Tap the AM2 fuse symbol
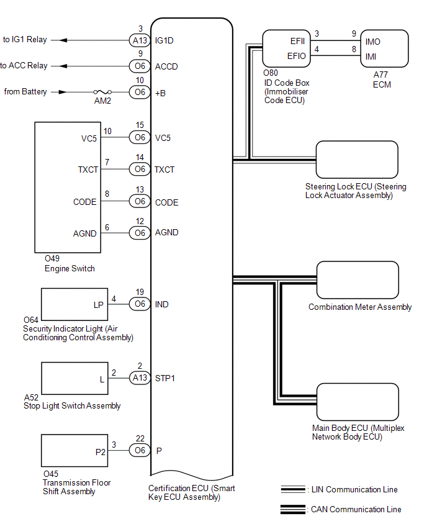[104, 92]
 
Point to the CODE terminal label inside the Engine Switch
[85, 202]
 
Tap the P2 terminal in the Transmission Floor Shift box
[101, 451]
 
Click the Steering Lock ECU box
[357, 160]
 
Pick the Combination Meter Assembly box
[357, 280]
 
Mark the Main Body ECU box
[357, 402]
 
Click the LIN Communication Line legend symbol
[293, 489]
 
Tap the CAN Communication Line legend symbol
[293, 510]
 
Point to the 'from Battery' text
[25, 92]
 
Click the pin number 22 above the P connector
[140, 438]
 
